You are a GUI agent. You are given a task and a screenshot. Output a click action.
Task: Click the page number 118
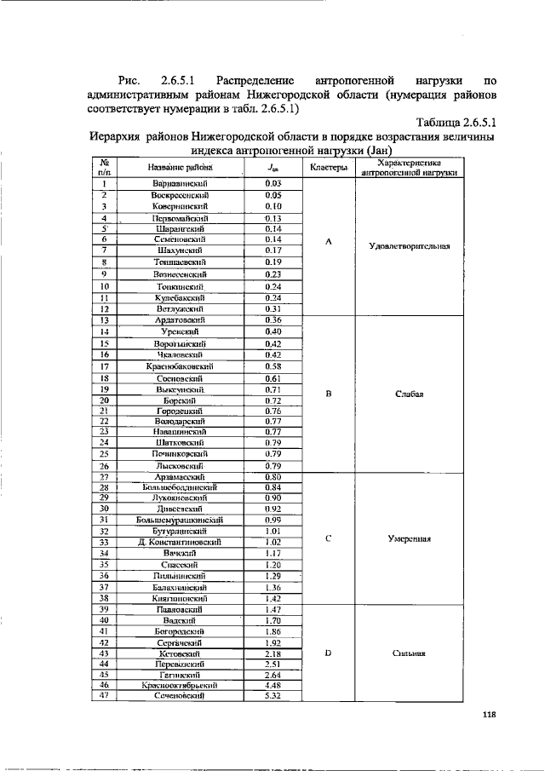pos(488,715)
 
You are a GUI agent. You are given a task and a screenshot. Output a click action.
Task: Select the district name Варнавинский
pos(179,183)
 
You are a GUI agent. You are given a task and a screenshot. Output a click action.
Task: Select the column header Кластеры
pos(329,167)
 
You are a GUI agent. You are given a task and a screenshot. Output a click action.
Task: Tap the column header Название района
pos(179,168)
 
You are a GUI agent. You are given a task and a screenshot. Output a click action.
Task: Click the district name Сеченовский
pos(179,696)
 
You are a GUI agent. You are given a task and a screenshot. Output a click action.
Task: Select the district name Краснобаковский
pos(179,366)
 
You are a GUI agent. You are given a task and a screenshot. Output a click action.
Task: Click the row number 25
pos(103,454)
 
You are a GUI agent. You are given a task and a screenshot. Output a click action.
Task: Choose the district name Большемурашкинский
pos(179,519)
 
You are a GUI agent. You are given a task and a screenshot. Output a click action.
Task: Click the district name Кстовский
pos(179,653)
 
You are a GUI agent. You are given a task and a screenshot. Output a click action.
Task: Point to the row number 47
pos(103,696)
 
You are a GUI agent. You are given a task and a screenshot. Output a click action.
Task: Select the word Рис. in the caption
pos(132,78)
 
